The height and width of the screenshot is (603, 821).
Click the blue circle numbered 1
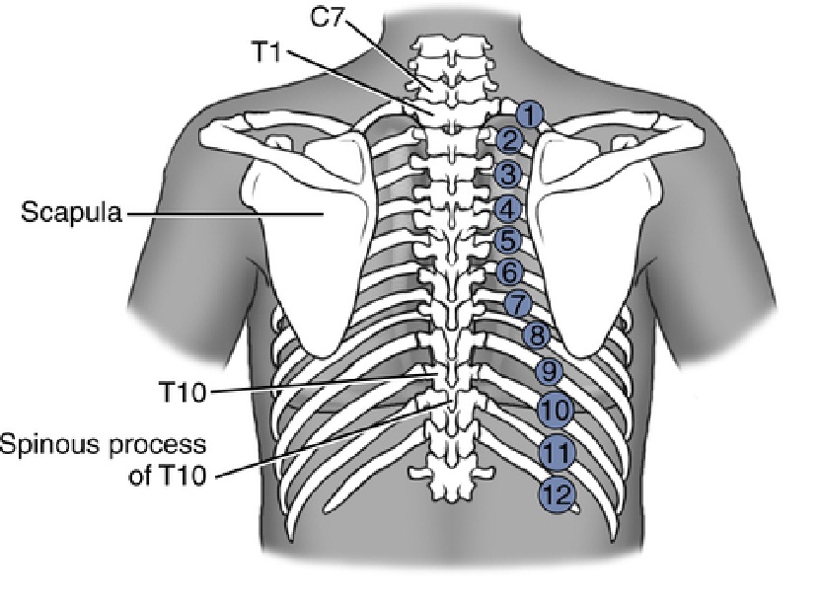coord(530,114)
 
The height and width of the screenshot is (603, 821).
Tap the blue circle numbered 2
coord(509,141)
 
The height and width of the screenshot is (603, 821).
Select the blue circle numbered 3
coord(508,175)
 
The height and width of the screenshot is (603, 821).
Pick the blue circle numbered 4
coord(507,209)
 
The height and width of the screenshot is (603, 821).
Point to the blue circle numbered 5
coord(508,241)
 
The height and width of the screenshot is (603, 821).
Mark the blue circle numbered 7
coord(518,304)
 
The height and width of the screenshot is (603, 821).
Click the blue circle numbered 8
coord(537,335)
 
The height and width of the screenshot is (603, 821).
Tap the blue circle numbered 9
coord(550,372)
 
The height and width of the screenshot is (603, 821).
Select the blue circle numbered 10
coord(557,410)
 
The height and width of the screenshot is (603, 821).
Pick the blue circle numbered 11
coord(557,452)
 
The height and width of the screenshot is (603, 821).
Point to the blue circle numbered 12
coord(558,494)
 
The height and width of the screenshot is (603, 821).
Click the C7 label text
coord(328,18)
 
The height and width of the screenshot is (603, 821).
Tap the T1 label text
coord(267,52)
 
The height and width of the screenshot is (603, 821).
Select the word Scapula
coord(71,212)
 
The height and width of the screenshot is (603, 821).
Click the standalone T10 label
coord(183,392)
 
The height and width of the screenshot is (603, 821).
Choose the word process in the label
coord(157,446)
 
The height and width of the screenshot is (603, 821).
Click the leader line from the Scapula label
coord(225,213)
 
